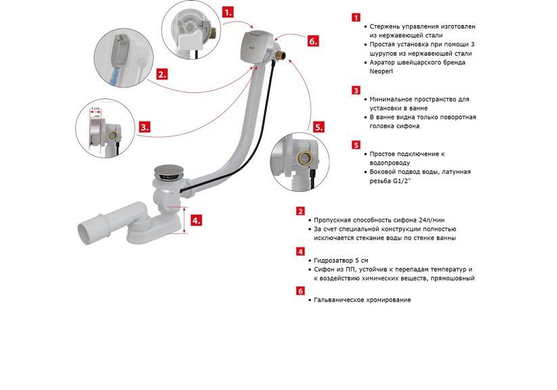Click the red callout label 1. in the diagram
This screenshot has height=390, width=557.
228,12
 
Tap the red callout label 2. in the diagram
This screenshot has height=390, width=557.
162,75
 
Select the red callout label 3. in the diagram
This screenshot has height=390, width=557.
144,127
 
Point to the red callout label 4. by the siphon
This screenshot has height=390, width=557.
196,220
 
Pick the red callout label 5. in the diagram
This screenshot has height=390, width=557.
318,127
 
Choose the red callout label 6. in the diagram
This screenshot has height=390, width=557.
313,41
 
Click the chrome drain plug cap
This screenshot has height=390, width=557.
168,172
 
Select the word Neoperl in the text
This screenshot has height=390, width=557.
381,71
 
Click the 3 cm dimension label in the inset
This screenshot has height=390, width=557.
95,109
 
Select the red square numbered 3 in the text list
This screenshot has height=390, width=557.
356,90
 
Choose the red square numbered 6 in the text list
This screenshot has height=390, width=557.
301,291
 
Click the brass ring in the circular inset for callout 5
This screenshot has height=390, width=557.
305,158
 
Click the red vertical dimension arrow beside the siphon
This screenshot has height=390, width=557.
184,220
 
